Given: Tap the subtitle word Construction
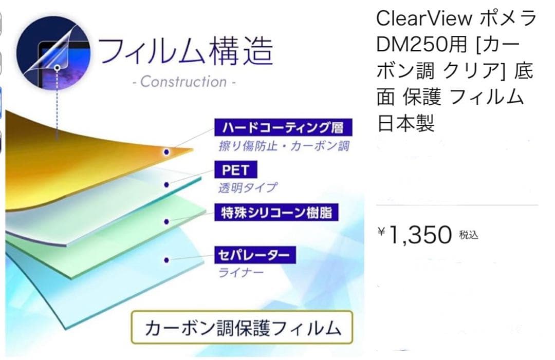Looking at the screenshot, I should [x=183, y=82].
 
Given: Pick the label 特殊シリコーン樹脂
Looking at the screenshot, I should [x=276, y=212].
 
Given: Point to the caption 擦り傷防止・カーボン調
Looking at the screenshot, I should [x=284, y=146].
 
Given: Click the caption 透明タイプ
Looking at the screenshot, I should [x=247, y=188].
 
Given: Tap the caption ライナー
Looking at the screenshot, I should [x=241, y=272].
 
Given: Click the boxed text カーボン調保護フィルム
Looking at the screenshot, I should [x=242, y=328].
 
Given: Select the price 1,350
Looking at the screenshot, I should [x=419, y=235].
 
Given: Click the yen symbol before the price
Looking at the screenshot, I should [x=381, y=232].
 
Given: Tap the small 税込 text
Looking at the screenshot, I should [x=469, y=236].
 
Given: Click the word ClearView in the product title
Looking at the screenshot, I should [x=424, y=18].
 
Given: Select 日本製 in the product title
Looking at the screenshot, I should [x=406, y=123].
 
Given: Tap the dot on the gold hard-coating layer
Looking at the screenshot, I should [x=166, y=152].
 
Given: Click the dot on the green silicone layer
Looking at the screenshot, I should [x=166, y=222].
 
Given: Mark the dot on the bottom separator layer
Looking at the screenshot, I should [x=166, y=260].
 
